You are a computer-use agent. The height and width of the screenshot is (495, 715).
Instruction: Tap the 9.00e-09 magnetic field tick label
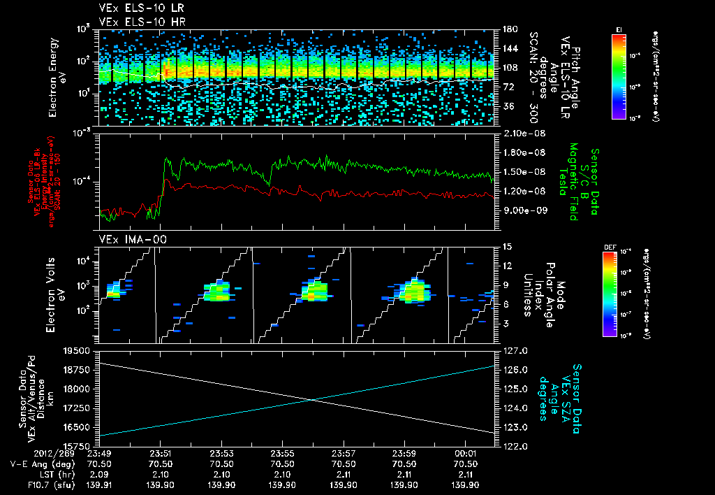coord(523,210)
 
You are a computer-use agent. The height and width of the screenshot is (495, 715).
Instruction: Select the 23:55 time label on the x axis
coord(281,453)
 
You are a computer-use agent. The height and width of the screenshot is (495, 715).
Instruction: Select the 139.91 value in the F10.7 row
coord(101,485)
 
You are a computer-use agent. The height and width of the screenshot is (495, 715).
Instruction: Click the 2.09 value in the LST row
coord(101,474)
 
